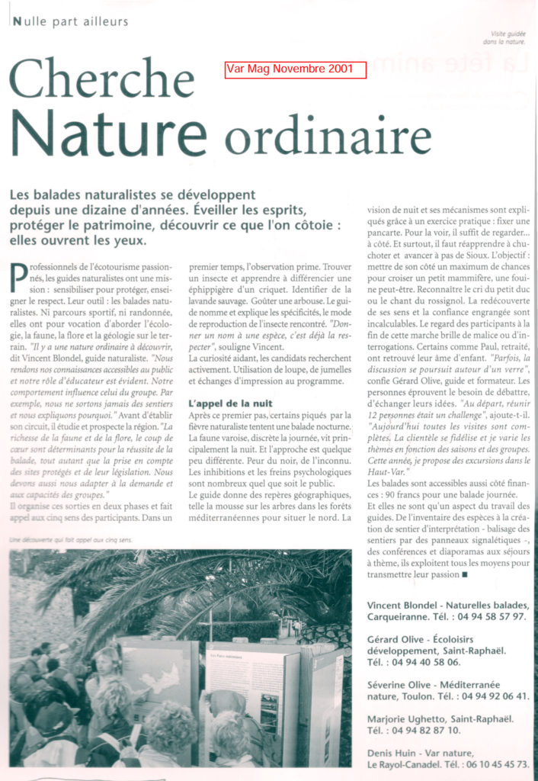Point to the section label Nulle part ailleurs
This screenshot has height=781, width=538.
[x=70, y=21]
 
